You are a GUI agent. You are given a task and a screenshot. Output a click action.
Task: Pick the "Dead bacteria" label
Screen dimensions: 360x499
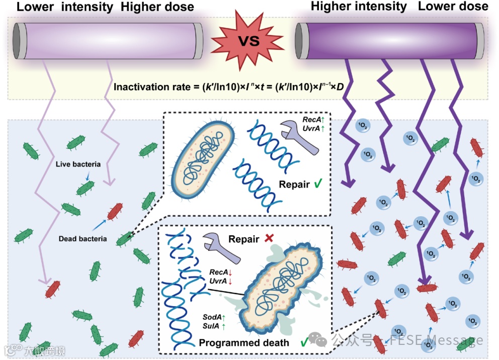click(82, 239)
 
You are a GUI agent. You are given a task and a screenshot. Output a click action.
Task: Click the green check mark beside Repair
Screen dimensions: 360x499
click(319, 184)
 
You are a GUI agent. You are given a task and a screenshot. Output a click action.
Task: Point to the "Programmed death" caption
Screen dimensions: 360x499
click(244, 342)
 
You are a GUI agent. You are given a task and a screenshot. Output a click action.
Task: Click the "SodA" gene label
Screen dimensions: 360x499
click(212, 317)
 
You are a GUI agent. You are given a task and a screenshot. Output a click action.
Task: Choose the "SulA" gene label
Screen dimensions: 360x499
click(212, 327)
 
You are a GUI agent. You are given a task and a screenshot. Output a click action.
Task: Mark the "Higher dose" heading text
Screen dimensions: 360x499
click(157, 7)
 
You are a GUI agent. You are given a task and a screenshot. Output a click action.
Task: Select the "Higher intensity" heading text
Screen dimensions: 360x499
click(358, 7)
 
